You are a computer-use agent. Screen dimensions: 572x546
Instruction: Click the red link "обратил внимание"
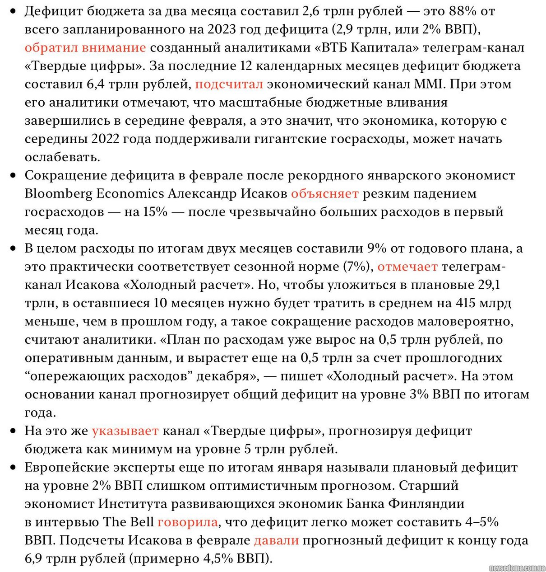(x=85, y=47)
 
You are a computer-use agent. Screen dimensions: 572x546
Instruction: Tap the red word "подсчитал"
(x=229, y=84)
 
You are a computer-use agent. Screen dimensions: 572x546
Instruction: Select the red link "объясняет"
(x=324, y=194)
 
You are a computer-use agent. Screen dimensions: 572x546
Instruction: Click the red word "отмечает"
(x=407, y=267)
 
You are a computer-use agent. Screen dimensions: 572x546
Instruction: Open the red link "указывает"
(x=125, y=431)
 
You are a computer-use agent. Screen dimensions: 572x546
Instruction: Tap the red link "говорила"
(x=187, y=522)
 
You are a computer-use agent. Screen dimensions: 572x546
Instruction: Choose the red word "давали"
(x=276, y=540)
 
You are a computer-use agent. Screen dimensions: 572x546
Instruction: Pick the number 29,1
(x=488, y=285)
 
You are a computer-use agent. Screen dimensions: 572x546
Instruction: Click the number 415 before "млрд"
(x=466, y=303)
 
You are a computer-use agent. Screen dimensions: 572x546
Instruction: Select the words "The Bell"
(x=128, y=522)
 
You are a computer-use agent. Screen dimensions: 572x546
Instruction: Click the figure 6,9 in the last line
(x=34, y=559)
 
